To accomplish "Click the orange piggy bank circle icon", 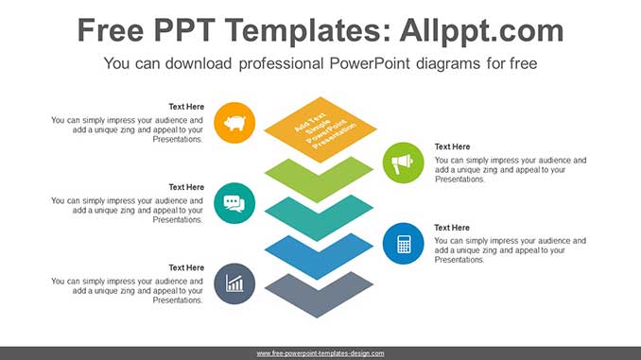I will [x=234, y=122].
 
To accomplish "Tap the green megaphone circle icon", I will [x=404, y=163].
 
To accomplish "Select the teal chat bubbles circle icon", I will [x=234, y=202].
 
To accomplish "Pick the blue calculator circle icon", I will [x=404, y=244].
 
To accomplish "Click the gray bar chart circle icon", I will [x=234, y=283].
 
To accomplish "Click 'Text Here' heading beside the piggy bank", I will [x=186, y=107].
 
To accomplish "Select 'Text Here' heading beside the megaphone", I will [x=452, y=146].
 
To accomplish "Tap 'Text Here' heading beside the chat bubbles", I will [x=186, y=187].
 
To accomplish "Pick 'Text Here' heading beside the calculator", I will [x=452, y=228].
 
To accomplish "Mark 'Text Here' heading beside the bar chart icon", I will [x=186, y=268].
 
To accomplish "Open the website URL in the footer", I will [x=320, y=353].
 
